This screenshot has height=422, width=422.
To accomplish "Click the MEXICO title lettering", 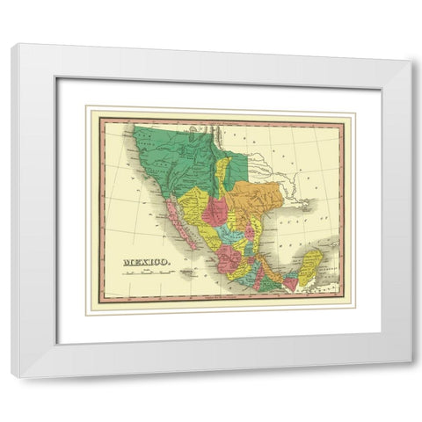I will pos(147,261).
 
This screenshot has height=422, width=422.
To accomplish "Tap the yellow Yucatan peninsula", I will pos(310,265).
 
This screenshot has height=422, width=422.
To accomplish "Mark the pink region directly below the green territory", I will pos(215,211).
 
